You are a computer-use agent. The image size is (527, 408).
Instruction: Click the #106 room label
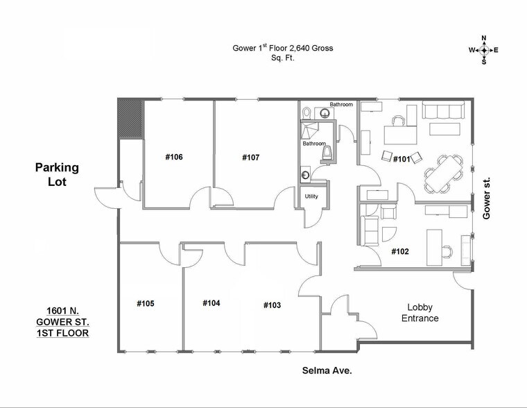click(x=173, y=158)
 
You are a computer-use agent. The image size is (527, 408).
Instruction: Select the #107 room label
click(x=250, y=158)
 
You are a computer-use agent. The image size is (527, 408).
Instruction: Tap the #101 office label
click(x=401, y=159)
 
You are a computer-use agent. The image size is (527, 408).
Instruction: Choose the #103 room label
click(x=273, y=305)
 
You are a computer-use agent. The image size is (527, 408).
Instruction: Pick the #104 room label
click(x=211, y=303)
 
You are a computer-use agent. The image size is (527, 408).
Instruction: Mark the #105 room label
click(x=145, y=304)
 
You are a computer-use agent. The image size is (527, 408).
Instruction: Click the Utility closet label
click(x=311, y=196)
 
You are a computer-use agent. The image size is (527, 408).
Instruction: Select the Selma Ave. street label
click(x=326, y=371)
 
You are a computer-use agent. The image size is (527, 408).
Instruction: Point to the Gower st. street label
click(x=486, y=198)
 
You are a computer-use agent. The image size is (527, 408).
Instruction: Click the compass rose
click(x=484, y=50)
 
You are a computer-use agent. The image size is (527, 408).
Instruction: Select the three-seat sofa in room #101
click(x=443, y=110)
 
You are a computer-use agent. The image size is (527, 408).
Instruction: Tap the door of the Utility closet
click(x=313, y=215)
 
